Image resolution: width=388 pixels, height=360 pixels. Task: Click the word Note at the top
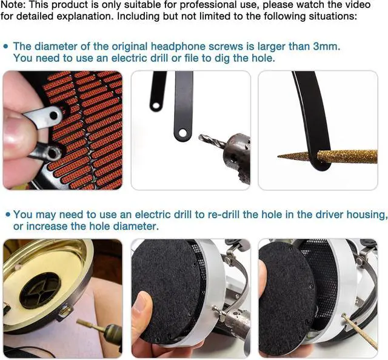coord(13,5)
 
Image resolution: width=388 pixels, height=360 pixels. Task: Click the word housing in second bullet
coord(366,215)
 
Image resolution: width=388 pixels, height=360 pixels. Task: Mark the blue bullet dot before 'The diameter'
coord(6,46)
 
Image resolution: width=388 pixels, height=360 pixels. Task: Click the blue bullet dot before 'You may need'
coord(7,215)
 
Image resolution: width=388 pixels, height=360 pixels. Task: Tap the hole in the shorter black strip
coord(156,107)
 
